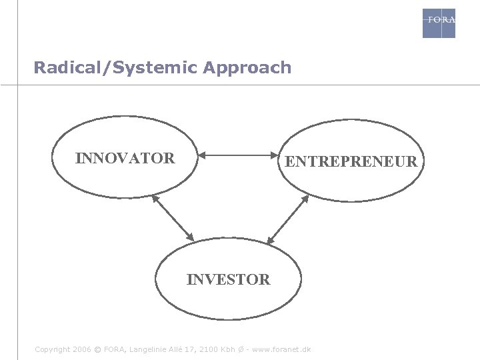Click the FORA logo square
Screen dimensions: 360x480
[439, 23]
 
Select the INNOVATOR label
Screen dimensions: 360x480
[125, 159]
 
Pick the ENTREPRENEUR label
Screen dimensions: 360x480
[351, 161]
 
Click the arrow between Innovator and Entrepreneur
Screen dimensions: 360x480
[237, 156]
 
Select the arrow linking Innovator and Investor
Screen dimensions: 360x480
[173, 217]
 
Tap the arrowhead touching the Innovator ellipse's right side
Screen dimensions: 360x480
[202, 156]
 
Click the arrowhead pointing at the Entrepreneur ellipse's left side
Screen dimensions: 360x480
[272, 156]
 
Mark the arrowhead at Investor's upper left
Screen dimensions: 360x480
[191, 237]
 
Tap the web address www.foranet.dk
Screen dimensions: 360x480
[282, 349]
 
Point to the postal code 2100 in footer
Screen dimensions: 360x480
[209, 349]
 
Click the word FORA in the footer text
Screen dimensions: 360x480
[114, 349]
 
